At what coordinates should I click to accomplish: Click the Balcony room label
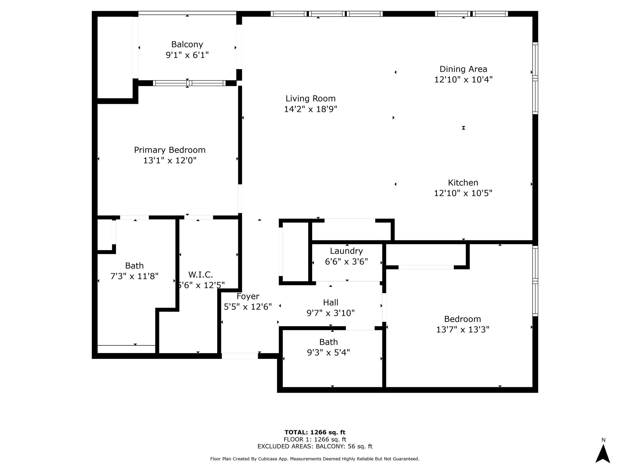[x=187, y=45]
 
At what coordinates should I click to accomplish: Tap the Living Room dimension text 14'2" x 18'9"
[x=310, y=109]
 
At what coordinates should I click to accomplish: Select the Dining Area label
[x=463, y=69]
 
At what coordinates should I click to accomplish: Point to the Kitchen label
[x=463, y=183]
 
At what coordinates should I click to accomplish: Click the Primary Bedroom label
[x=169, y=150]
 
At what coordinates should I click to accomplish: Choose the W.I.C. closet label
[x=201, y=274]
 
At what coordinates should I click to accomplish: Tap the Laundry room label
[x=346, y=251]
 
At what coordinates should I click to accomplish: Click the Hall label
[x=331, y=302]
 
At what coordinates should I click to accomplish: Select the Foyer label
[x=248, y=297]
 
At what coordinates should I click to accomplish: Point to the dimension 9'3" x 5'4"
[x=329, y=352]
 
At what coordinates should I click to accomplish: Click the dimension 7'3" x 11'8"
[x=134, y=276]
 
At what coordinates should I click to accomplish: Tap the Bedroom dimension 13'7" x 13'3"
[x=463, y=329]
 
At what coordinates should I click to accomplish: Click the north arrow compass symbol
[x=603, y=454]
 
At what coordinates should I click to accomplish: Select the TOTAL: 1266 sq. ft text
[x=315, y=432]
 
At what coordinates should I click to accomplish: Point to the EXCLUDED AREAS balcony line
[x=315, y=446]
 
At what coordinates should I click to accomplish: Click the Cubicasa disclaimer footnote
[x=315, y=459]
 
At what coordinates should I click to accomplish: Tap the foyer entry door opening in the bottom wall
[x=240, y=356]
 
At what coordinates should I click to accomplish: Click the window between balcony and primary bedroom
[x=189, y=83]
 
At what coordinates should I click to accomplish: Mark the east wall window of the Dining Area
[x=535, y=78]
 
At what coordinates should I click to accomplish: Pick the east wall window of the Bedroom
[x=535, y=281]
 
